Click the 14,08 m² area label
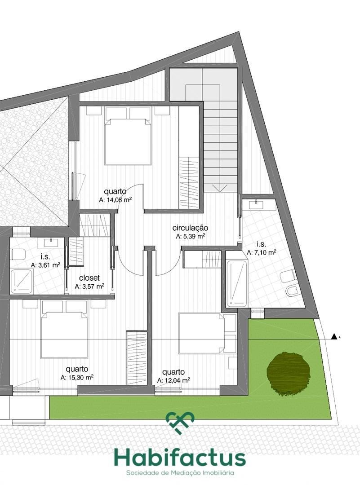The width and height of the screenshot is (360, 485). tap(116, 200)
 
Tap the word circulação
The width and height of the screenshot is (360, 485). tap(190, 228)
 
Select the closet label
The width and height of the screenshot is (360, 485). tap(89, 278)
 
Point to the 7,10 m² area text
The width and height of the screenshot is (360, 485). tap(262, 252)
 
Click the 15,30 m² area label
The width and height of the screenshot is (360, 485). tap(77, 377)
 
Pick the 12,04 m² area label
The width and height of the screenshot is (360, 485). tap(173, 380)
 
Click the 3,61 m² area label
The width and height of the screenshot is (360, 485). tap(45, 265)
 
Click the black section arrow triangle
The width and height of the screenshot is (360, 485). tap(333, 336)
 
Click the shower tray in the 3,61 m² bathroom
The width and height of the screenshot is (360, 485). tap(22, 281)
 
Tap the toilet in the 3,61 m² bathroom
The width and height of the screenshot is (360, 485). tap(18, 254)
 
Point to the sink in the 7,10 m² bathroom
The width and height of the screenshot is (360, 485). tap(257, 205)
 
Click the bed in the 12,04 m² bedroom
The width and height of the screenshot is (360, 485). tap(207, 333)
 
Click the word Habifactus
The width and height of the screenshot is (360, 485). tap(180, 459)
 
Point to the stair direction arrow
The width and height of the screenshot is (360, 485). tap(220, 188)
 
